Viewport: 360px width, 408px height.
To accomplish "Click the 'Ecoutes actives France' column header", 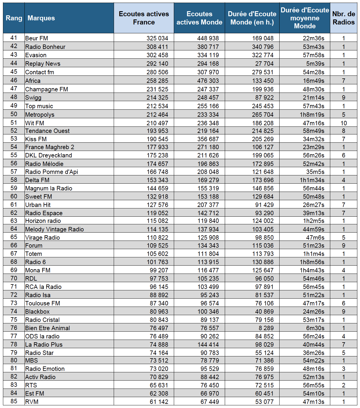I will point(144,18).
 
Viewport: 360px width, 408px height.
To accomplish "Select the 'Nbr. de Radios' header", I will point(344,18).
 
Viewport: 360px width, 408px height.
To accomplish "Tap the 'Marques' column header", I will point(41,18).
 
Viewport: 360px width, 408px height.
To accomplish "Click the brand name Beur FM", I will point(37,38).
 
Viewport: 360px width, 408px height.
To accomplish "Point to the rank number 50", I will point(14,114).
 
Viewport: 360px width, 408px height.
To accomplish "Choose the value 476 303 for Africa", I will point(208,81).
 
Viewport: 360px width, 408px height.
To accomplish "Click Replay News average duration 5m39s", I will point(315,64).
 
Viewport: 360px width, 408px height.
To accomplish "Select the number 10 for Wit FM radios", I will point(344,123).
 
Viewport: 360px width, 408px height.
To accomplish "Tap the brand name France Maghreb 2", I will point(50,147).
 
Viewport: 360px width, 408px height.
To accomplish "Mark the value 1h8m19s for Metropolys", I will point(312,115).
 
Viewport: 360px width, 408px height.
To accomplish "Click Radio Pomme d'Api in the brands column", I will point(52,172).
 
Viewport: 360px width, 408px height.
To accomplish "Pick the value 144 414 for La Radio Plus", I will point(208,345).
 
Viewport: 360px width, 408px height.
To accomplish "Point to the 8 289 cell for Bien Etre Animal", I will point(266,328).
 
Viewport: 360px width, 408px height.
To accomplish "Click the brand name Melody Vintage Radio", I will point(55,229).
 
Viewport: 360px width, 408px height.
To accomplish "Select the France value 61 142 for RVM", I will point(159,402).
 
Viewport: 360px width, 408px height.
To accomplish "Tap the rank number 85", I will point(14,401).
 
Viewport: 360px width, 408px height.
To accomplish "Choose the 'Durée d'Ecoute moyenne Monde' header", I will point(305,18).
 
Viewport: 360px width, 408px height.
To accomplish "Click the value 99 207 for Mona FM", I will point(159,270).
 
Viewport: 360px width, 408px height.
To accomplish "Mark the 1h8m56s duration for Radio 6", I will point(312,262).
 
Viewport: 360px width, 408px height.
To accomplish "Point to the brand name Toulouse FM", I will point(43,303).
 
